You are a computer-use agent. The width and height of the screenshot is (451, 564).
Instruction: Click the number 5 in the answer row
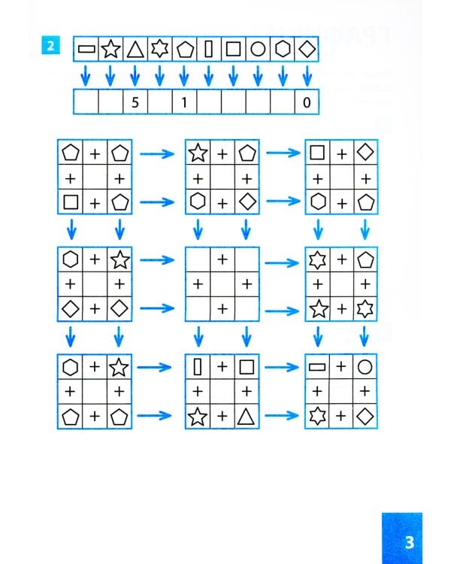click(135, 102)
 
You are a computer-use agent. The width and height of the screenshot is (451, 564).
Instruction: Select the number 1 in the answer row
click(184, 102)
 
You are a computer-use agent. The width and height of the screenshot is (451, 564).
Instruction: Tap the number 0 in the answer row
click(307, 102)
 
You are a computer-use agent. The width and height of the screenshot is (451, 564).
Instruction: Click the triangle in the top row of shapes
click(135, 50)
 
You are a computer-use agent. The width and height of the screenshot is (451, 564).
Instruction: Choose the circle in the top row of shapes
click(258, 50)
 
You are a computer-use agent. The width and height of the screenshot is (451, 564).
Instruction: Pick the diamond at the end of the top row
click(307, 50)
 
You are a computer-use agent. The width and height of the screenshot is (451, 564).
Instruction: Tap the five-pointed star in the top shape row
click(110, 50)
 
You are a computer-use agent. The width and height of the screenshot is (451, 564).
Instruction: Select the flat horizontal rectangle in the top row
click(86, 50)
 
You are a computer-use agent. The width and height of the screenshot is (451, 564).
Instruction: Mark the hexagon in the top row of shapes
click(283, 50)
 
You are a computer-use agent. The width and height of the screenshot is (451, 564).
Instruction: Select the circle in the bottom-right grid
click(365, 368)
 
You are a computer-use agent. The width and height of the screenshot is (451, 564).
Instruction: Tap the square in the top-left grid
click(71, 202)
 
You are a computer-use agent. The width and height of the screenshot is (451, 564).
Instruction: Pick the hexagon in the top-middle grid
click(198, 202)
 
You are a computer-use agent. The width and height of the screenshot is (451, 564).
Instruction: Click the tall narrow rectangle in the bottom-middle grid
click(198, 368)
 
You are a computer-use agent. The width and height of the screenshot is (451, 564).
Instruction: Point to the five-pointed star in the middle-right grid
click(317, 308)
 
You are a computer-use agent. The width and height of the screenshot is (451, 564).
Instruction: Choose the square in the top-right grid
click(317, 153)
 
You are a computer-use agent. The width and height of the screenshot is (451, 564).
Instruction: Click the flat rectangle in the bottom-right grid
click(317, 368)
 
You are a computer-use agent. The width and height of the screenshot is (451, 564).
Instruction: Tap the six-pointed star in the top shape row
click(159, 50)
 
